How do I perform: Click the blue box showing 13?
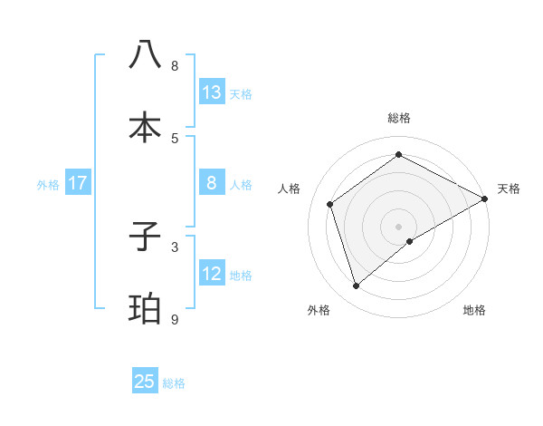point(212,92)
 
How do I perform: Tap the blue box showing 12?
point(212,274)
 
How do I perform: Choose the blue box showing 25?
point(145,382)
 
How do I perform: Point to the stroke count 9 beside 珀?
point(175,319)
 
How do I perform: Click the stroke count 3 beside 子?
point(175,246)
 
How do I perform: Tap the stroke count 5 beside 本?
point(175,137)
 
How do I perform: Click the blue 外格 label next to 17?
point(48,185)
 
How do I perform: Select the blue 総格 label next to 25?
point(174,383)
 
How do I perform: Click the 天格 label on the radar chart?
point(509,189)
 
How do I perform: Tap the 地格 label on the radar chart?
point(474,310)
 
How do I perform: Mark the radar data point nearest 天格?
point(485,198)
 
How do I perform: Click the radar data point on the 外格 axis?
point(356,286)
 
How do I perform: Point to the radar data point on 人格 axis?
point(330,204)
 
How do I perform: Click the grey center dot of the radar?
point(398,226)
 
